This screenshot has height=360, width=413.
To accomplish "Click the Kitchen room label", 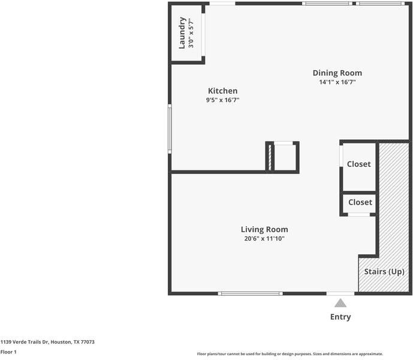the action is coord(222,91).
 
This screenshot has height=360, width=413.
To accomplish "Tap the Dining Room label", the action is coord(337,73).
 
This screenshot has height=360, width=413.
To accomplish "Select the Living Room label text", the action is coord(264,229).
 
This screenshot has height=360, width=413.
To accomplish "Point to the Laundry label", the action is coord(182,33).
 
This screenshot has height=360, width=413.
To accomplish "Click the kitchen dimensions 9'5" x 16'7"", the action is coord(222,100).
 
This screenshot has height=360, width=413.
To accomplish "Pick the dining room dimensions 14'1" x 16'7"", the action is coord(337,82).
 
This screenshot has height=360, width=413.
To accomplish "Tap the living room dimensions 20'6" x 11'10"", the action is coord(264,239).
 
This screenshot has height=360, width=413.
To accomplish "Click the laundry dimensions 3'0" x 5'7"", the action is coord(191,33).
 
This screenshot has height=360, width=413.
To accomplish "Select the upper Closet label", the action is coord(358,164).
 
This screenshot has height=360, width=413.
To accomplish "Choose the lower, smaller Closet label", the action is coord(360,202).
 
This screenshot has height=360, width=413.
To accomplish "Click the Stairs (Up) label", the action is coord(384,272).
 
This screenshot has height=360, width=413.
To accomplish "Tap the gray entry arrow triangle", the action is coord(340,303).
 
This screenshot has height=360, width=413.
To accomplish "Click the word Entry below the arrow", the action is coord(340,317).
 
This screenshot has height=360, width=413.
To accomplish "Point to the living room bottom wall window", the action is coord(250,293).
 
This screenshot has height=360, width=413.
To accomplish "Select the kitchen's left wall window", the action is coord(170,129).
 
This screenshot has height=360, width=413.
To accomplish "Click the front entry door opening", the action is coord(340,293).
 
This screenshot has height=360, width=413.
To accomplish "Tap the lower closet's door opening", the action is coord(358,214).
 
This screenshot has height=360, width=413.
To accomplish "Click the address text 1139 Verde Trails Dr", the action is coord(25,342).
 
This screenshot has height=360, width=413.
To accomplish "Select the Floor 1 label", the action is coord(8,352).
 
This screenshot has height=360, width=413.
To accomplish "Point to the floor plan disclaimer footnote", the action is coord(290,354).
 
